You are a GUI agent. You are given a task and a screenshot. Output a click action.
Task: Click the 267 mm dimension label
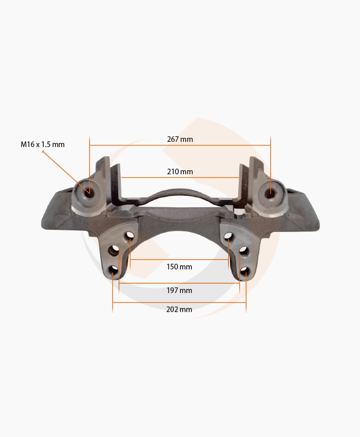180,139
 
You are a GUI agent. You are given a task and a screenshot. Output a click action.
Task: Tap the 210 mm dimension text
180,171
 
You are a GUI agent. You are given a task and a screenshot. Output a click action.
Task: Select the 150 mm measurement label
179,267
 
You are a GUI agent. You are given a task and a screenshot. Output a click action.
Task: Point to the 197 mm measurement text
179,290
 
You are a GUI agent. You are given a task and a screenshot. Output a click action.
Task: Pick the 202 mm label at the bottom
179,309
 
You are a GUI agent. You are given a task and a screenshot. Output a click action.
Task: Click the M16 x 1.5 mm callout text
43,144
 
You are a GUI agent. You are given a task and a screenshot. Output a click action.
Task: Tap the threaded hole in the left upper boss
89,192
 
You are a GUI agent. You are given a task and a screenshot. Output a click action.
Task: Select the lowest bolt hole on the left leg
113,270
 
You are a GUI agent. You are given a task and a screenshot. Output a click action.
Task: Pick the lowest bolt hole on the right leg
245,270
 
